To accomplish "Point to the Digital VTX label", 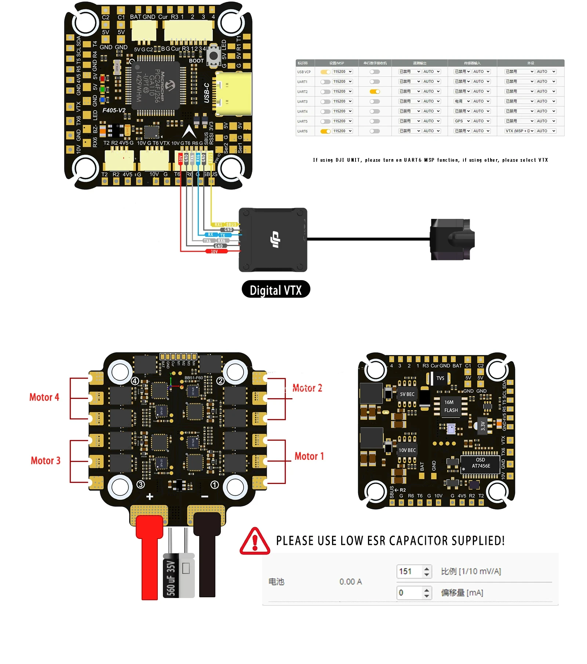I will point(276,290).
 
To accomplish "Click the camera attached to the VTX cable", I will point(452,239).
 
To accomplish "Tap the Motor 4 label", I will point(44,397).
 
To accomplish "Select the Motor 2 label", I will point(307,388).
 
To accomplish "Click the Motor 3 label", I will point(45,461).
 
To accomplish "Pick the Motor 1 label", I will point(309,456).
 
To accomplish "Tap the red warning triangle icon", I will point(255,542).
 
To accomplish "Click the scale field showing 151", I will point(409,571).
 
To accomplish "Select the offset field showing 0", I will point(409,593).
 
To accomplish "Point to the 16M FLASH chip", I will point(451,406).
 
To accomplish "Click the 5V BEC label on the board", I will point(407,394).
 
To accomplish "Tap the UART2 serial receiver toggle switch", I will point(375,92).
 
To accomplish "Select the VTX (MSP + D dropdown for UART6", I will point(519,131).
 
